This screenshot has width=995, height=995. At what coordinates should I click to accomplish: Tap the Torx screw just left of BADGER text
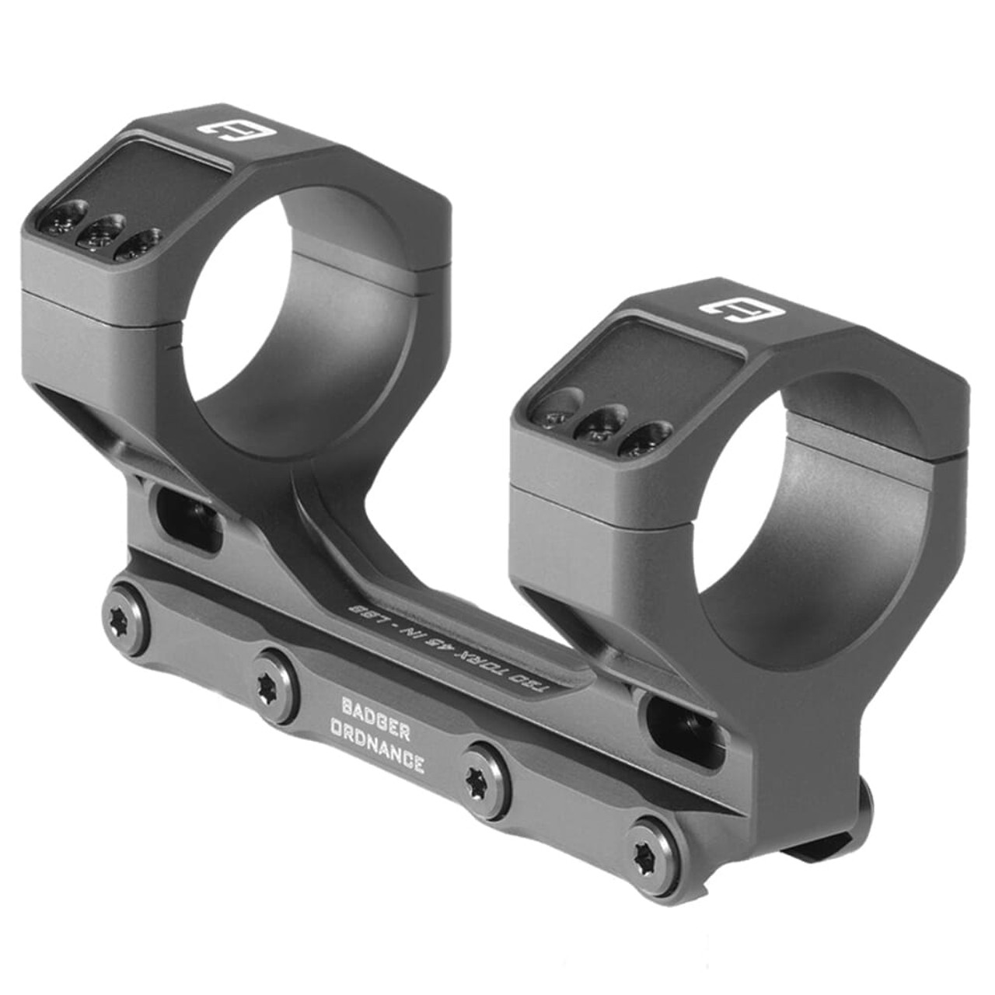pos(275,684)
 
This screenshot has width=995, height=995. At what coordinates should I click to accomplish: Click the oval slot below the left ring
pos(189,518)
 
